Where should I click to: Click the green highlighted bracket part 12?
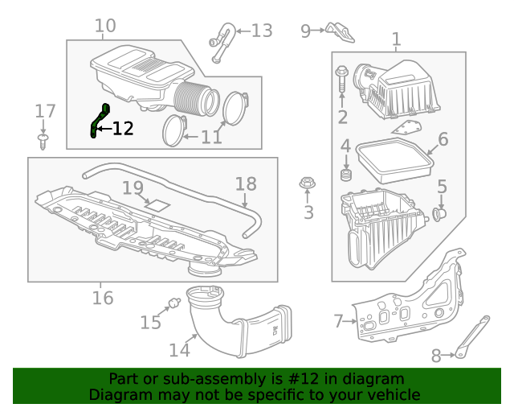click(x=99, y=120)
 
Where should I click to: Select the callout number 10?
click(x=105, y=27)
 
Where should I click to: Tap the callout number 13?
click(x=262, y=31)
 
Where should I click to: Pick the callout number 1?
click(x=396, y=39)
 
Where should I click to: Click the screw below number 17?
click(x=45, y=142)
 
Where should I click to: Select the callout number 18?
click(x=246, y=183)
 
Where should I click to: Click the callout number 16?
click(x=102, y=299)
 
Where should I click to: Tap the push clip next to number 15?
click(x=171, y=305)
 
